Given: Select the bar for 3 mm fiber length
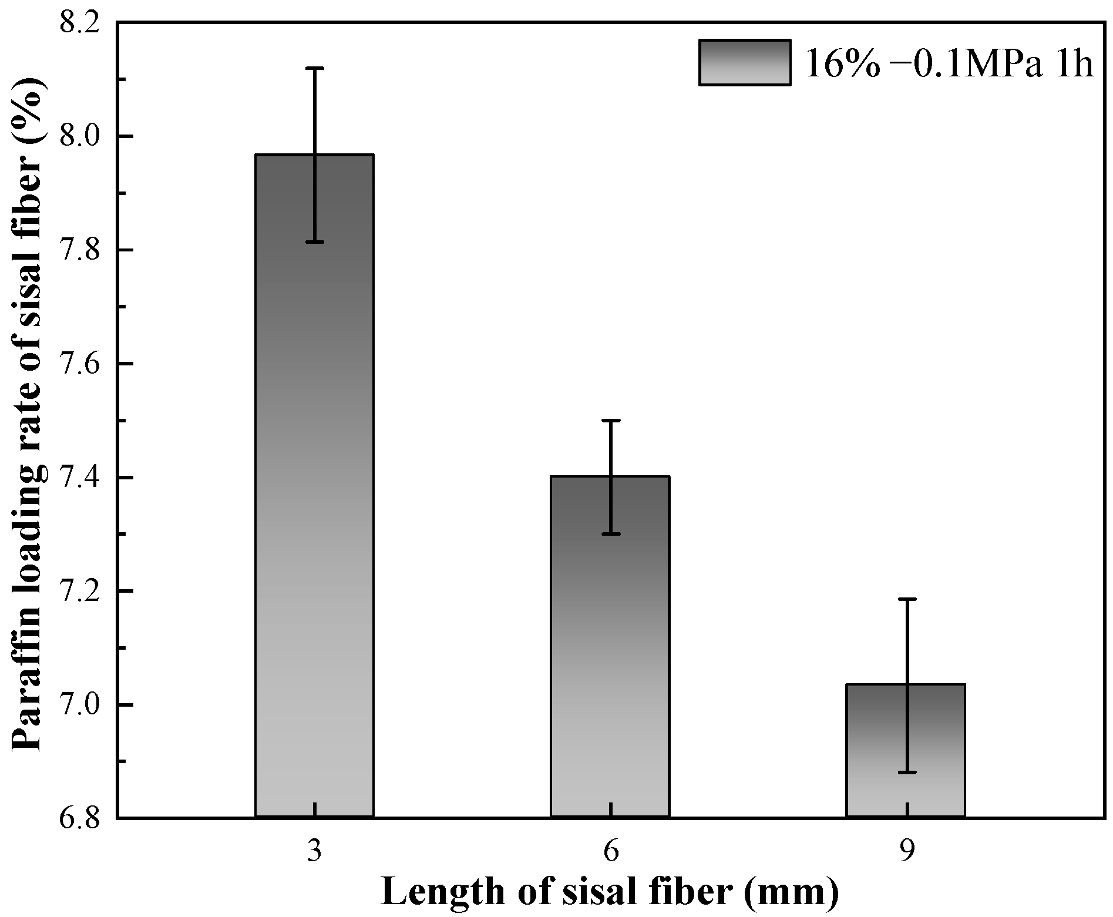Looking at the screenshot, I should pyautogui.click(x=314, y=488).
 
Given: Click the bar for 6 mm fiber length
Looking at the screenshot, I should pyautogui.click(x=610, y=646).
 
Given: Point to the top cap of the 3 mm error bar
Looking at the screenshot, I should pyautogui.click(x=315, y=68).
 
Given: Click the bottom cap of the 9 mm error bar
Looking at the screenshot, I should pyautogui.click(x=907, y=772).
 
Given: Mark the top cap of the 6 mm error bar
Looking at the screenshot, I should pyautogui.click(x=611, y=421).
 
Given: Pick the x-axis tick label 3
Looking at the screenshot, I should pyautogui.click(x=315, y=851).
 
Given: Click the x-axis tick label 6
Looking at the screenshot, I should pyautogui.click(x=611, y=851).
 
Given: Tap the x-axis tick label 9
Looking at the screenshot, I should pyautogui.click(x=907, y=851).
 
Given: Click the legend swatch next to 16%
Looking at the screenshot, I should pyautogui.click(x=744, y=63).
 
